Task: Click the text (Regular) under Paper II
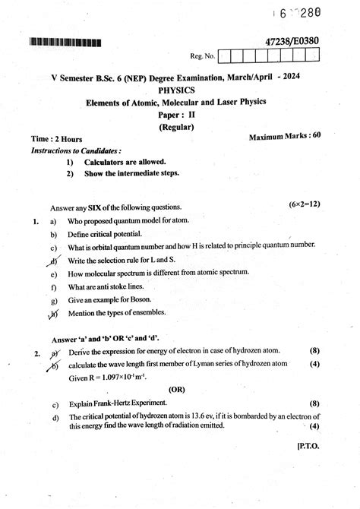[x=179, y=127]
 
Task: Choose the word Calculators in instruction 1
[x=107, y=162]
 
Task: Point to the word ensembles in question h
[x=157, y=313]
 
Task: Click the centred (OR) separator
[x=178, y=387]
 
